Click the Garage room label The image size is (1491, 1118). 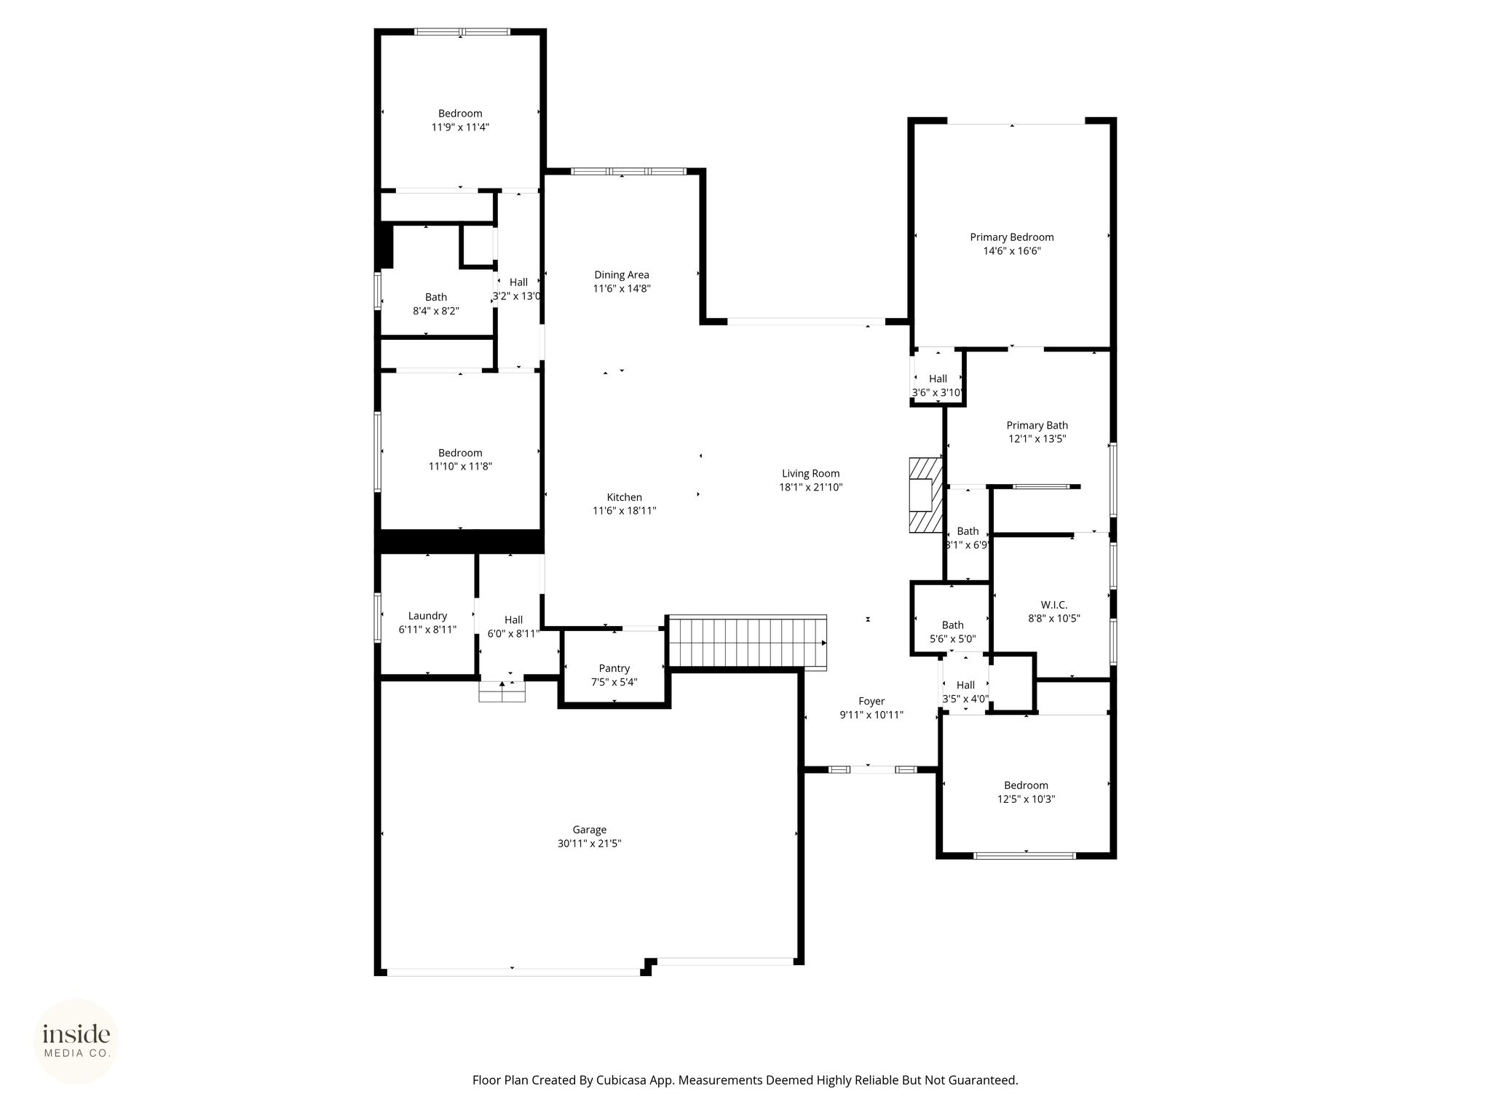point(589,830)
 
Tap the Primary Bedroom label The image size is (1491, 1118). point(1011,237)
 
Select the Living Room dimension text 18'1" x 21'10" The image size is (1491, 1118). point(810,488)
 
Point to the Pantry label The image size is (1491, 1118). point(614,668)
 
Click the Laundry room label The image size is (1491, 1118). point(427,616)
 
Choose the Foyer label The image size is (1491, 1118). point(871,702)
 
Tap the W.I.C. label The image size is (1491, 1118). point(1054,605)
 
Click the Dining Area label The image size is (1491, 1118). point(621,275)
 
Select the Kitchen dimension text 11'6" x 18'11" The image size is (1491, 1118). point(625,511)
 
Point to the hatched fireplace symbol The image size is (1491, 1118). point(925,495)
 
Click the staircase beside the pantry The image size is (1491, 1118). point(748,642)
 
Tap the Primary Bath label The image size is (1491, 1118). point(1037,426)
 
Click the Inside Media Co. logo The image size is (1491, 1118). point(76,1041)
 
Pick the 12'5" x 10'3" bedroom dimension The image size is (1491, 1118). point(1026,799)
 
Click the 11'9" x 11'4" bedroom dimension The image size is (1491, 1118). point(460,127)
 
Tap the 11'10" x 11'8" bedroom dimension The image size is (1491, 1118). point(460,467)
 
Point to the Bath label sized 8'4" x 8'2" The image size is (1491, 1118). point(436,297)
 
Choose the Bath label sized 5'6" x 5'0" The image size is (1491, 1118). point(952,625)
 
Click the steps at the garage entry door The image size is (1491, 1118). point(502,691)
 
